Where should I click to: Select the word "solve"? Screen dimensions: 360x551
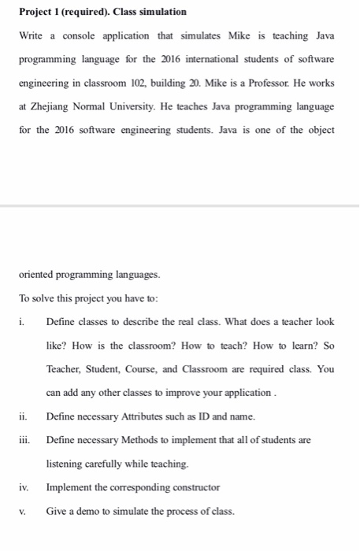[44, 298]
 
